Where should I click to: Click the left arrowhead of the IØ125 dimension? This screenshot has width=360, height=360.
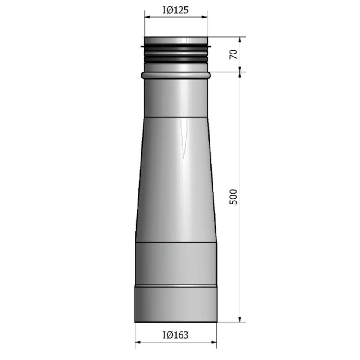point(147,17)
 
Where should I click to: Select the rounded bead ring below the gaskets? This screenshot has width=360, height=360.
point(176,75)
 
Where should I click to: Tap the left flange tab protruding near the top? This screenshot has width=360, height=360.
point(142,45)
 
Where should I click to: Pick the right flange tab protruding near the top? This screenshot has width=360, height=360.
point(210,45)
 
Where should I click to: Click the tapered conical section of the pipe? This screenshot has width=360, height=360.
point(176,180)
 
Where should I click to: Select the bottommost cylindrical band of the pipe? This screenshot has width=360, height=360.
point(176,304)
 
